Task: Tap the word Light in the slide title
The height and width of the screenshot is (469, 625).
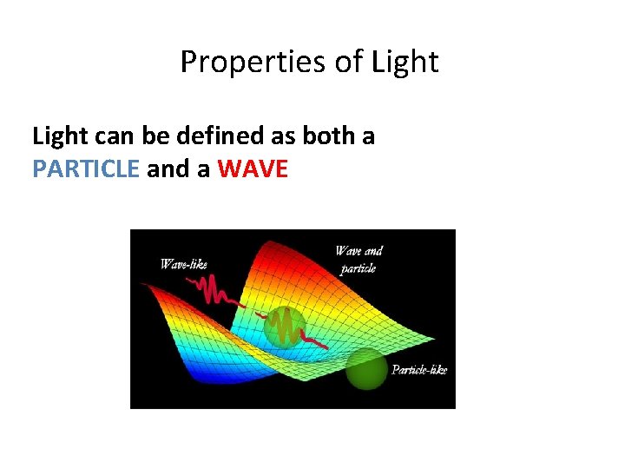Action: (x=405, y=62)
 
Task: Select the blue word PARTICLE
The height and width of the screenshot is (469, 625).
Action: (x=86, y=168)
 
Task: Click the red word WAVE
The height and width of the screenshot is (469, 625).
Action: (x=253, y=168)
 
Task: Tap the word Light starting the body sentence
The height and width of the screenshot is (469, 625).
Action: (x=60, y=136)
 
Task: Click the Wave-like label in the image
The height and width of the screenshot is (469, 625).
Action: (x=184, y=264)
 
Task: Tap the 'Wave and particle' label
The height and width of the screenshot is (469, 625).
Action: (x=359, y=260)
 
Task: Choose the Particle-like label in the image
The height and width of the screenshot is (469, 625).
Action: (x=419, y=370)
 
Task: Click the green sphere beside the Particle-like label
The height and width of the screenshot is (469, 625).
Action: (x=366, y=368)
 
